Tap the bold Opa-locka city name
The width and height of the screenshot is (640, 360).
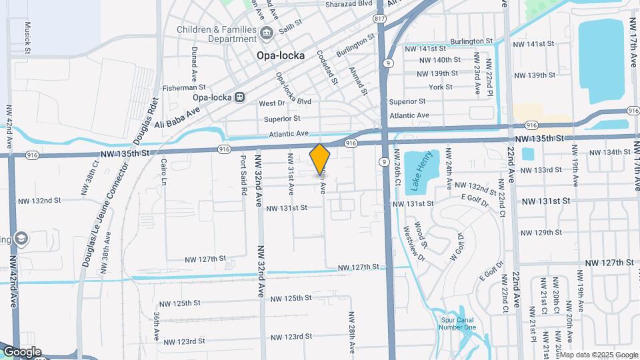point(281,56)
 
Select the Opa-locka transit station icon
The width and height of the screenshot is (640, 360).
point(239,97)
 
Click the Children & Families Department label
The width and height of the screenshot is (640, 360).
point(217,35)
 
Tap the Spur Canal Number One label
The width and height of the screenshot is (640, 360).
point(459,322)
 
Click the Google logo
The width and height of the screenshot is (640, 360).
point(21,352)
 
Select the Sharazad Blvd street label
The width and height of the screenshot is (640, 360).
point(347,3)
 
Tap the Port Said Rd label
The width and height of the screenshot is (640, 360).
point(244,175)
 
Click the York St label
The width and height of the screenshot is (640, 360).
point(441,87)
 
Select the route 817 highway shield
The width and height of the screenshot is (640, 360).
point(379,18)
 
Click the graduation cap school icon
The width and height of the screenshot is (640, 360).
point(21,239)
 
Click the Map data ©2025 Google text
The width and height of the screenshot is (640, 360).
point(599,355)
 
